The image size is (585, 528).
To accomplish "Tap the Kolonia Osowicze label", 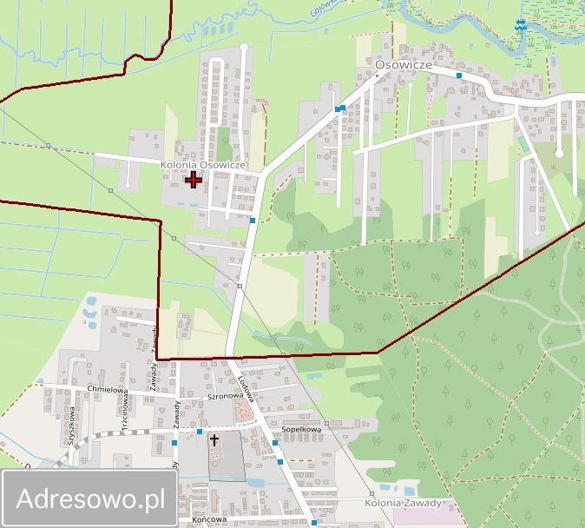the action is (204, 165).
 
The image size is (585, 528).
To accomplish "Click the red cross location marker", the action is (193, 180).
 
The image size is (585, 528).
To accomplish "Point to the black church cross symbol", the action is (214, 440).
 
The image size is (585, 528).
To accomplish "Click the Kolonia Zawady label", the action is (404, 503).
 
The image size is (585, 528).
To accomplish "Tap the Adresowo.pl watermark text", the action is (90, 499).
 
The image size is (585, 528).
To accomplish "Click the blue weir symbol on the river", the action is (519, 26).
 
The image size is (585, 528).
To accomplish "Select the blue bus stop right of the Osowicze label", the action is (459, 76).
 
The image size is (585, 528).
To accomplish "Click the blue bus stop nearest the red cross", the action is (252, 221).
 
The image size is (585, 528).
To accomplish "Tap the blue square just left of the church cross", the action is (200, 432).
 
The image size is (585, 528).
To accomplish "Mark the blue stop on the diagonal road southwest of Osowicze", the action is (341, 109).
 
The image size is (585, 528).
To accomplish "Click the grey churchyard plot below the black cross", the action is (224, 465).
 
